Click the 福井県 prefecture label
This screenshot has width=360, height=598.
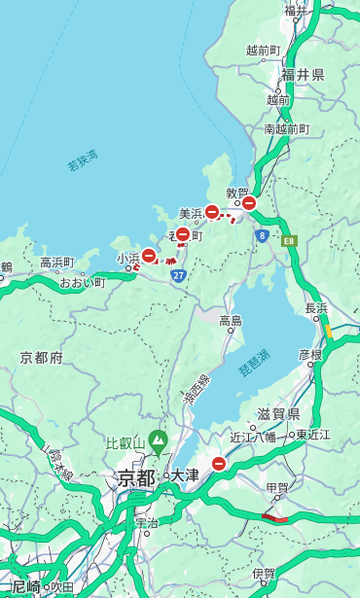pyautogui.click(x=303, y=75)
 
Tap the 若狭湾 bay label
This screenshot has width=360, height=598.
pyautogui.click(x=83, y=160)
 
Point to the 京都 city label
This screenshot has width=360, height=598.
pyautogui.click(x=136, y=477)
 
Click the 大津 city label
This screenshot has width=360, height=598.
pyautogui.click(x=185, y=476)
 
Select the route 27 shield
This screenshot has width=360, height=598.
pyautogui.click(x=178, y=276)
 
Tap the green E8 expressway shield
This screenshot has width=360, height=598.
pyautogui.click(x=289, y=239)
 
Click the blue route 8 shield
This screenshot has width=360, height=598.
pyautogui.click(x=262, y=235)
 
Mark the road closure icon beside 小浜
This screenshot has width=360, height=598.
pyautogui.click(x=149, y=256)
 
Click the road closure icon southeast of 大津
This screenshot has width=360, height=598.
pyautogui.click(x=219, y=464)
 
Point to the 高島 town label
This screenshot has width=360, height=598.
pyautogui.click(x=231, y=321)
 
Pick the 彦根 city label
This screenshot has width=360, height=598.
pyautogui.click(x=310, y=355)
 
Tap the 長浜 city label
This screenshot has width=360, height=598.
pyautogui.click(x=317, y=308)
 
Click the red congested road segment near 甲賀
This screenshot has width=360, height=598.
pyautogui.click(x=275, y=518)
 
